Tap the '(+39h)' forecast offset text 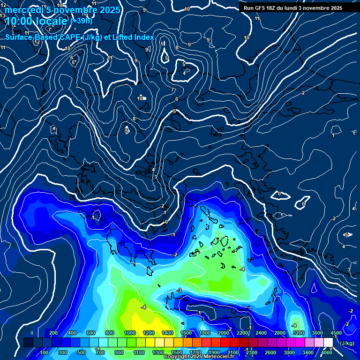pos(81,21)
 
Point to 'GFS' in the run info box pos(261,8)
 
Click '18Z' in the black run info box pos(274,8)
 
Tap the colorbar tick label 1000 pos(129,333)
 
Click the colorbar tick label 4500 pos(336,333)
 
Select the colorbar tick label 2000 pos(223,333)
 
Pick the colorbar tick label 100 pos(45,352)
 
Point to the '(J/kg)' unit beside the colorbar pos(347,343)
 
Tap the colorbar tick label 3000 pos(289,352)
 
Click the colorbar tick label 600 pos(91,333)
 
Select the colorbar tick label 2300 pos(252,352)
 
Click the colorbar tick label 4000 pos(327,352)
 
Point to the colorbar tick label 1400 pos(167,333)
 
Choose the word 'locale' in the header pos(53,21)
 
